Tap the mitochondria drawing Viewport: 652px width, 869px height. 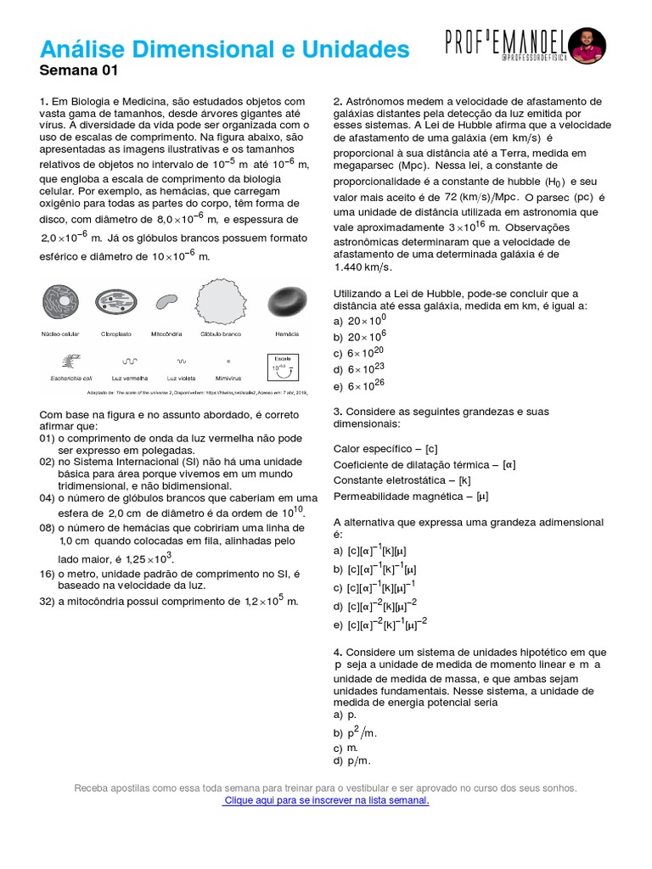coord(166,301)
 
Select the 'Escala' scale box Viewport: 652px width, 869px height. coord(281,367)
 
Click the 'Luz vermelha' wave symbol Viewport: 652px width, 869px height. coord(130,360)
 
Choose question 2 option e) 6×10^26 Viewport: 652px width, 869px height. coord(360,386)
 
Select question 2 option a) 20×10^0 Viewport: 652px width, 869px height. coord(360,321)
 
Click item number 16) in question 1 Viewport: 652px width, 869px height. coord(47,575)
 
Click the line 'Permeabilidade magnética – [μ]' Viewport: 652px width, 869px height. coord(411,496)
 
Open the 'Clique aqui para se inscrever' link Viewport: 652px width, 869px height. coord(325,800)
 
